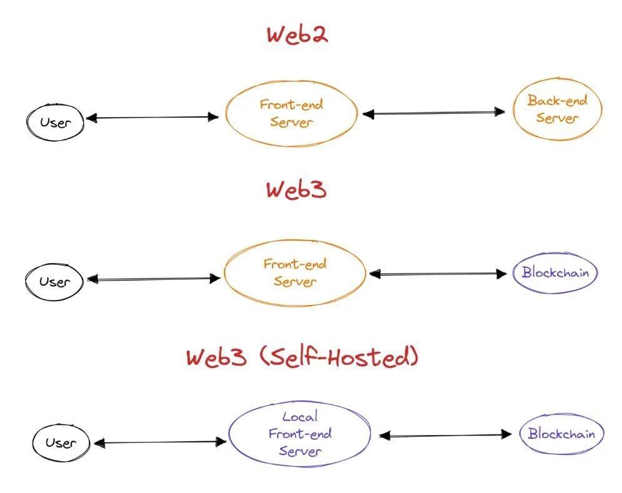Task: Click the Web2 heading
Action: click(298, 34)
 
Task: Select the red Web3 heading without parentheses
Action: click(296, 189)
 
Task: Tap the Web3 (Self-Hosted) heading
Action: click(302, 357)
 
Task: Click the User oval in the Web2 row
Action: click(54, 122)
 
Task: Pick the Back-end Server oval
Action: click(557, 109)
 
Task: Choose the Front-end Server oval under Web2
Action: click(291, 113)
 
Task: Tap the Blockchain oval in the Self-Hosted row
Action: click(561, 434)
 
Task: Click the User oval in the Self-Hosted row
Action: click(61, 443)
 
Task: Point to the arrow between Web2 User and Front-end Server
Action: click(152, 117)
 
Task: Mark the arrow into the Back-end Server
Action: click(434, 113)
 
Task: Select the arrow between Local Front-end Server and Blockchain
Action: click(445, 435)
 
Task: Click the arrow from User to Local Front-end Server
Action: click(159, 442)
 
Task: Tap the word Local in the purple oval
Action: click(299, 416)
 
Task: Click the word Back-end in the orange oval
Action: click(557, 100)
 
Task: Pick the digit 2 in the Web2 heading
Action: click(317, 34)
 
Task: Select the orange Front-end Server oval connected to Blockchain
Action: click(294, 273)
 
